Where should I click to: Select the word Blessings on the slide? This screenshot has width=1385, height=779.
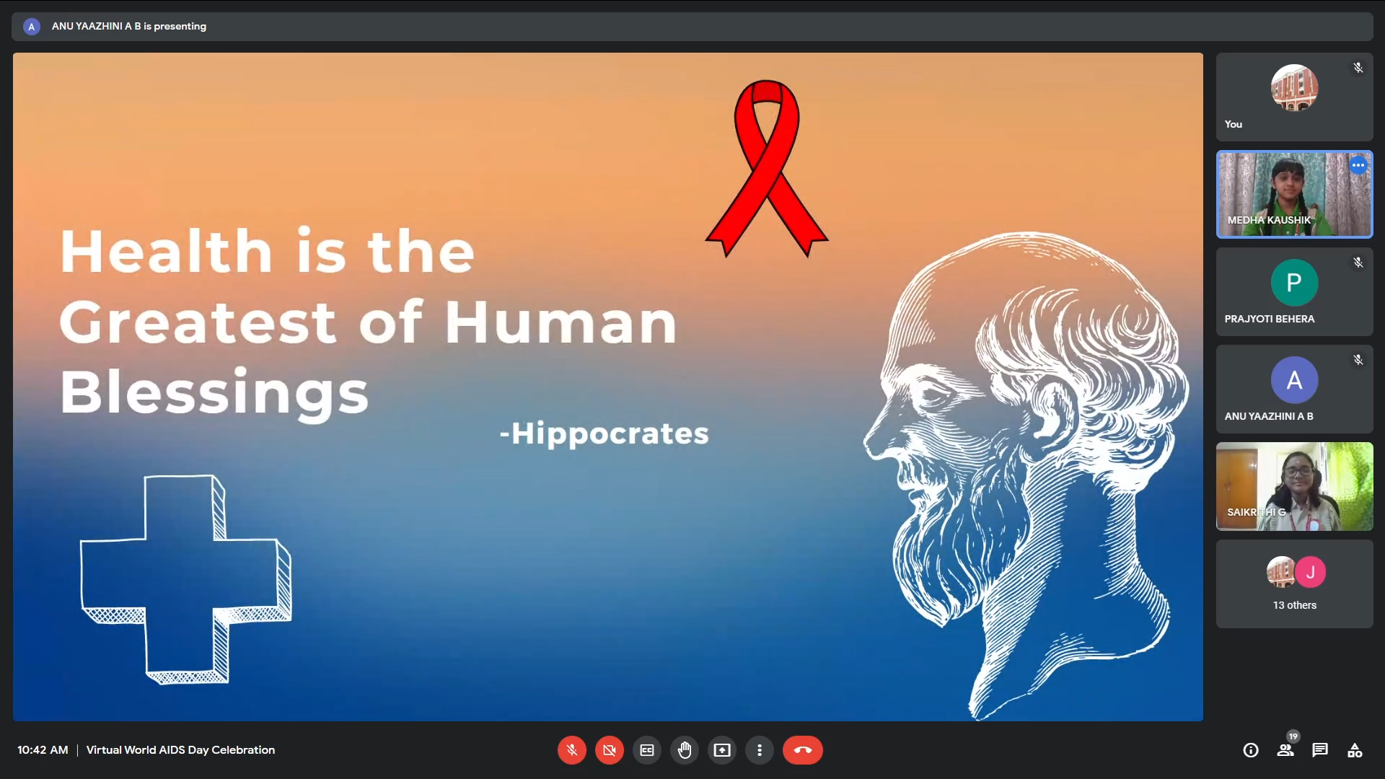tap(214, 392)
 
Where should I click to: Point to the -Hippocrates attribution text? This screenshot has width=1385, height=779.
tap(604, 433)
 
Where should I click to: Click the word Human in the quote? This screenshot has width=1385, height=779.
tap(560, 322)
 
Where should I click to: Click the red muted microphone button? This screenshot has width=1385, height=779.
tap(572, 750)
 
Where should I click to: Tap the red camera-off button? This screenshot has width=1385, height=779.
tap(610, 750)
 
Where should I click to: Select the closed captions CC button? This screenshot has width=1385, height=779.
tap(647, 750)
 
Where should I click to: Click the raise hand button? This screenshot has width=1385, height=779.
tap(685, 750)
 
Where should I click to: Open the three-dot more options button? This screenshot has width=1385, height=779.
tap(760, 750)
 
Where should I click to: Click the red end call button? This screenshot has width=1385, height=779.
tap(803, 750)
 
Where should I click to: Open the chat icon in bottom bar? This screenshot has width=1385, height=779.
tap(1320, 750)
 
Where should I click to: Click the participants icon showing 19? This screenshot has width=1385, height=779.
tap(1286, 749)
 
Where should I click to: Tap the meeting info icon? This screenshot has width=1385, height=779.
tap(1251, 750)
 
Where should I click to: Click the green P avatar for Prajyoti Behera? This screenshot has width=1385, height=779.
tap(1294, 283)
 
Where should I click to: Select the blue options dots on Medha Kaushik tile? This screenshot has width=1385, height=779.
tap(1358, 165)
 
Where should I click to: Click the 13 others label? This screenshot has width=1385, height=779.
tap(1294, 605)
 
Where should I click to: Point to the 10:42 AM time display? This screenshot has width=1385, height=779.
tap(43, 750)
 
